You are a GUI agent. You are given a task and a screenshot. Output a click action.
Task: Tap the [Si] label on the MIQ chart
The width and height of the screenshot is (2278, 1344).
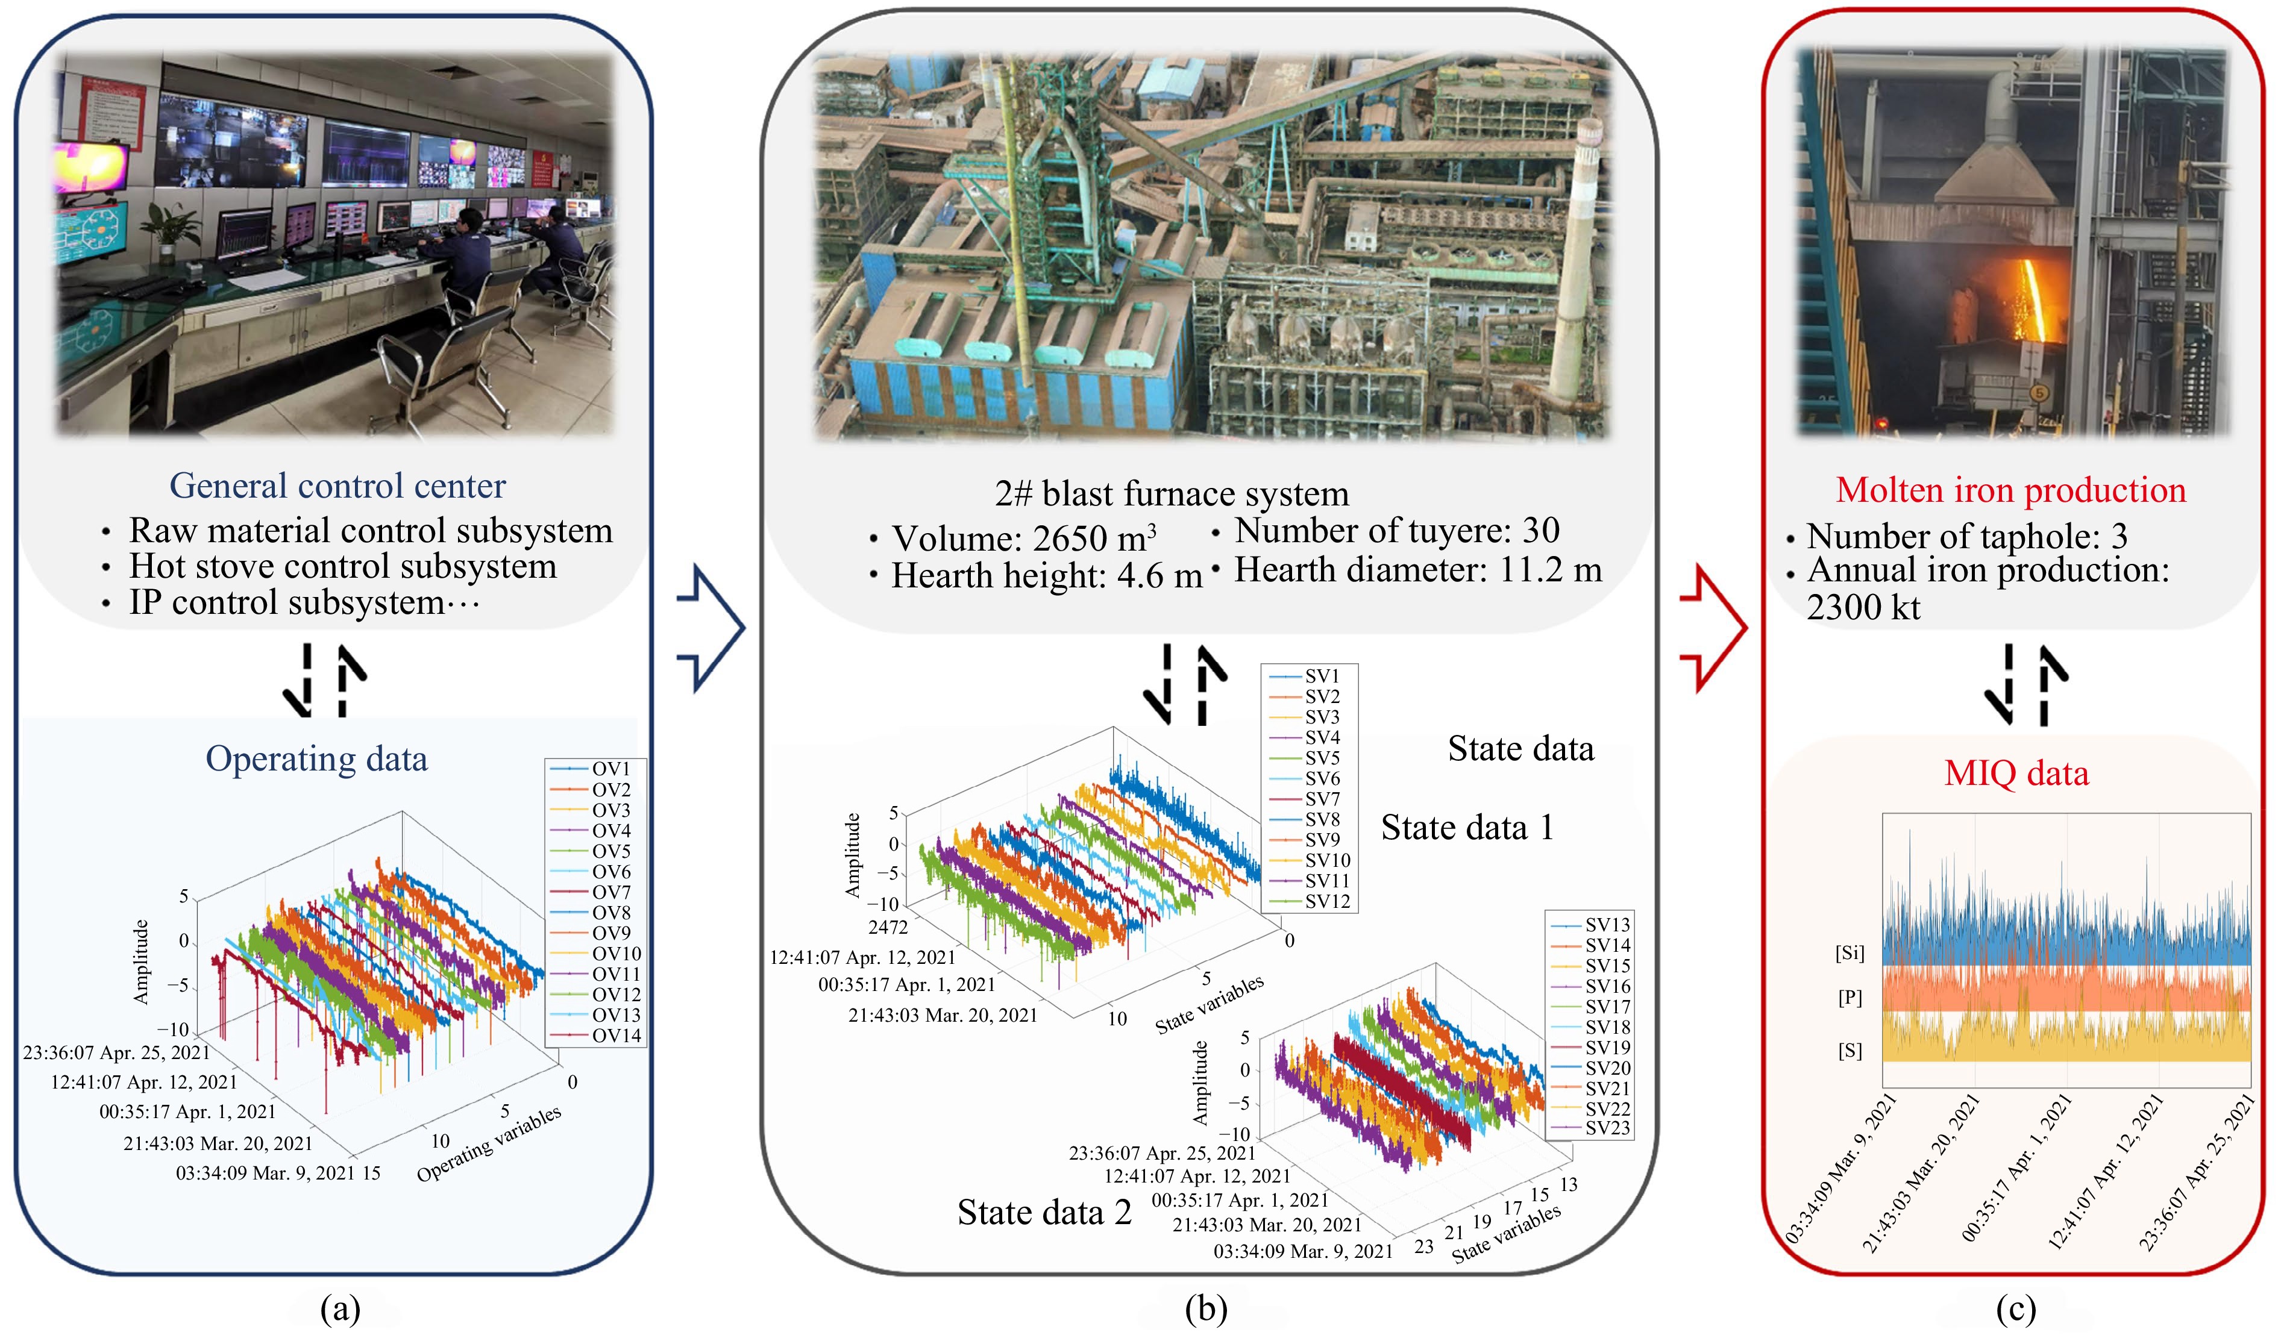tap(1850, 953)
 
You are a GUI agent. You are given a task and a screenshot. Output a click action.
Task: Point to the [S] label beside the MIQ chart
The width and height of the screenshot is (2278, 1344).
tap(1850, 1051)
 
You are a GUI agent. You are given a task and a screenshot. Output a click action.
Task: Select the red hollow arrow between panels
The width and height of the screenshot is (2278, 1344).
tap(1714, 628)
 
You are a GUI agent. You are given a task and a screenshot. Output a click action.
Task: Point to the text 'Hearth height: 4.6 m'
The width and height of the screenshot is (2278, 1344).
tap(1046, 576)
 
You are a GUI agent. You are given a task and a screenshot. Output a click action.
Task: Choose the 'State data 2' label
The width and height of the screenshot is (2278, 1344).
tap(1044, 1212)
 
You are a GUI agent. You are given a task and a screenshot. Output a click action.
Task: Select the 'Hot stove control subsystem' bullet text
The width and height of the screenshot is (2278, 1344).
tap(342, 567)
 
